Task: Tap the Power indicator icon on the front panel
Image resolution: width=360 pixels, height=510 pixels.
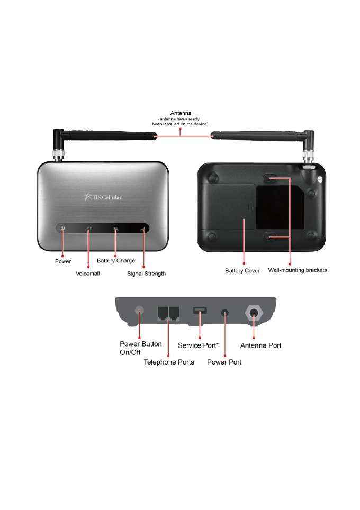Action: click(x=62, y=228)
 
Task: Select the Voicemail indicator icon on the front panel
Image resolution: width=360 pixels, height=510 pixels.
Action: click(x=89, y=228)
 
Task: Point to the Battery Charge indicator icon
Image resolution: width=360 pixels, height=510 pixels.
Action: click(x=116, y=228)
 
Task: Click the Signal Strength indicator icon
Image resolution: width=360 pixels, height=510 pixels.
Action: click(x=142, y=228)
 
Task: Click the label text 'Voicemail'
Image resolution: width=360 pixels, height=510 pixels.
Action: click(x=87, y=274)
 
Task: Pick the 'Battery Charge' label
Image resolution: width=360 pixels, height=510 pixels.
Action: click(x=116, y=261)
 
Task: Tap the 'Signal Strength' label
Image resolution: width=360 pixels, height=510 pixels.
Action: click(x=147, y=274)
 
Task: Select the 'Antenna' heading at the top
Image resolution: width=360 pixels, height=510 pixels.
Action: click(x=181, y=113)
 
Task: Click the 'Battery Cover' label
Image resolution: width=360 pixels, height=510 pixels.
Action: click(x=242, y=270)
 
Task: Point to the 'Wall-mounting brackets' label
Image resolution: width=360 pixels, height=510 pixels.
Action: click(x=298, y=270)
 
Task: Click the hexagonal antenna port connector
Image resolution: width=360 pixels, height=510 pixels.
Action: click(x=253, y=313)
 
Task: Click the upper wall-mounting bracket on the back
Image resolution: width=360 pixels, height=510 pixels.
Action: click(x=270, y=179)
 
